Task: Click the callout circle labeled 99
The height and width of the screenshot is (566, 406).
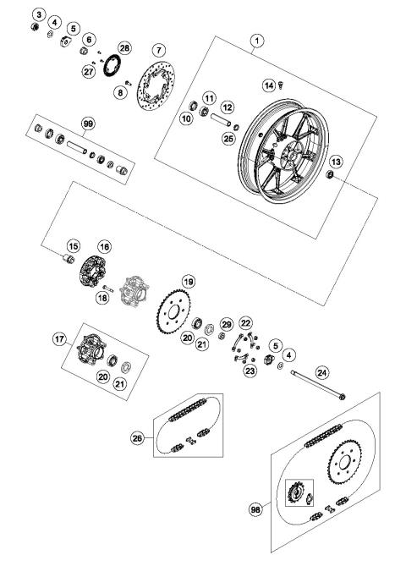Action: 86,124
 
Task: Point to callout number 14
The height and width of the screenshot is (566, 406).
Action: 270,84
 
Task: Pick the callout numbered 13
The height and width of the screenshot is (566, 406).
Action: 336,161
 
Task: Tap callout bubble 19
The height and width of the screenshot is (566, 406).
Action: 188,281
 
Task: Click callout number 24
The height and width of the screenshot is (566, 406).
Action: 322,370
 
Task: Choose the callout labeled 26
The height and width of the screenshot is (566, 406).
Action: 139,439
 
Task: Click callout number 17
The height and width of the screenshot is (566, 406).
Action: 60,338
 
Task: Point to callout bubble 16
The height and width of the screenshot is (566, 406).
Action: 105,245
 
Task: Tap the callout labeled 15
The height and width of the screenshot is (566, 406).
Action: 73,246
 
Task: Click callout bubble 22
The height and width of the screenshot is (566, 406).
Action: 245,322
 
